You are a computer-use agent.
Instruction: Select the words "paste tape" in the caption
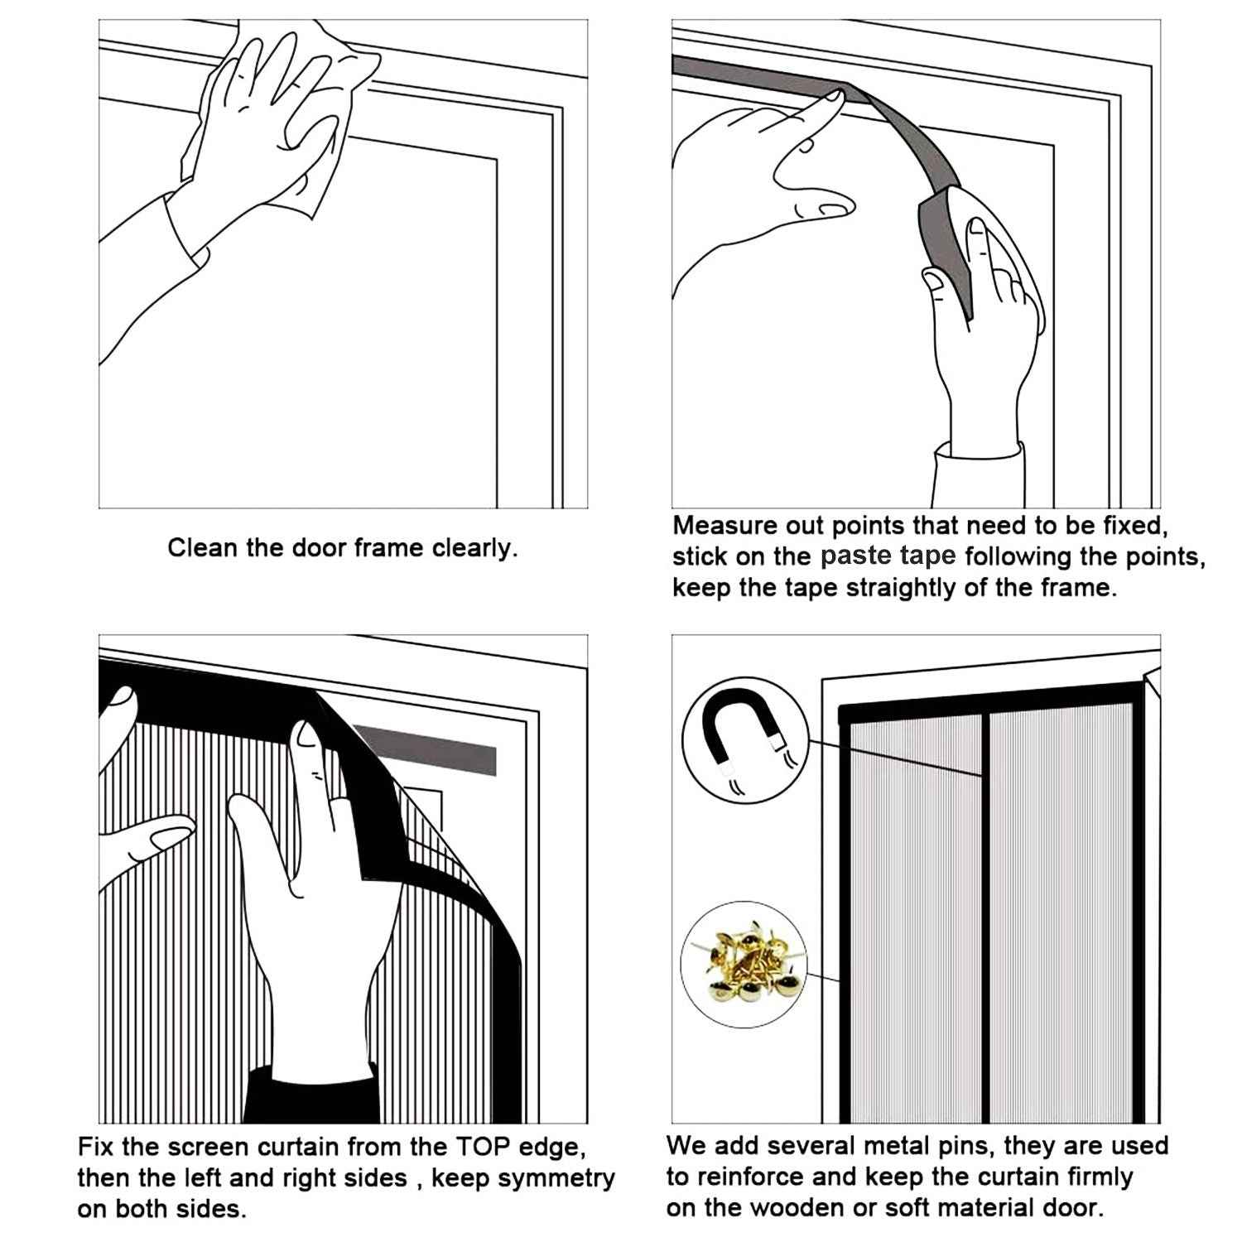(x=888, y=556)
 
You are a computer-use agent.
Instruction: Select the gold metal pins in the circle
(x=742, y=963)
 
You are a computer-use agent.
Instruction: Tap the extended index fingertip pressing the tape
(x=832, y=98)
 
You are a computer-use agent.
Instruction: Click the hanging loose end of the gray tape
(x=944, y=248)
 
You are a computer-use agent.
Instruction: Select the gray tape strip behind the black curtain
(x=431, y=747)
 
